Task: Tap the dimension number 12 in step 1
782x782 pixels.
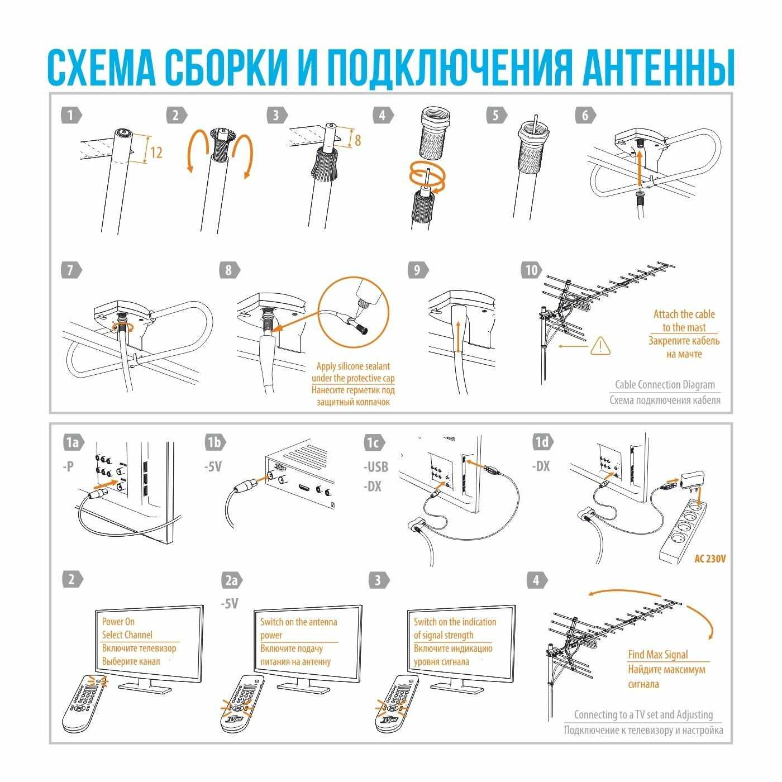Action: point(156,152)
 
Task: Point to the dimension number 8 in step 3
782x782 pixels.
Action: point(357,140)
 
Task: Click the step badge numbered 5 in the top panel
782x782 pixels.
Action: point(497,115)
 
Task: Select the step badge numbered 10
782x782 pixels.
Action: point(532,270)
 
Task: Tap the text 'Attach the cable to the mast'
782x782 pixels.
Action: point(684,321)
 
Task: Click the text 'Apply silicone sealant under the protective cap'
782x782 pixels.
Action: point(352,372)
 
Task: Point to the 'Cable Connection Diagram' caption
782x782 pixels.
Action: point(665,384)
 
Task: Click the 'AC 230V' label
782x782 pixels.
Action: point(710,559)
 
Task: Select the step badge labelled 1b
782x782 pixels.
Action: point(215,442)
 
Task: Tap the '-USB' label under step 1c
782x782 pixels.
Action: point(376,466)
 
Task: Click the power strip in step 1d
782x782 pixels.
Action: point(683,532)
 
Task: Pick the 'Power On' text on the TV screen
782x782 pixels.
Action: point(118,621)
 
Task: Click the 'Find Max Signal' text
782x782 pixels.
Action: point(658,654)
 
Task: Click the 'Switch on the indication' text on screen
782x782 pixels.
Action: point(455,622)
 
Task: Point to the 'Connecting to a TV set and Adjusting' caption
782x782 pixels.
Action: point(643,714)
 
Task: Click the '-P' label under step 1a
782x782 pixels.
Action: point(68,466)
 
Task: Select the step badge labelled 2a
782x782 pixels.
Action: point(232,580)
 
